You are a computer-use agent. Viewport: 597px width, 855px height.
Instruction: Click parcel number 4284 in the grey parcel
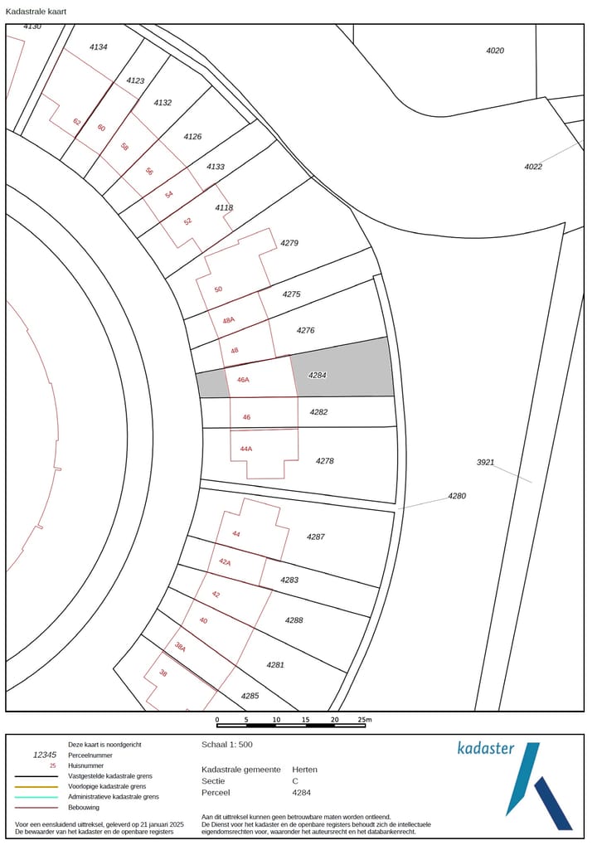(x=318, y=375)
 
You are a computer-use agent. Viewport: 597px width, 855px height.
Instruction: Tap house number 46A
(x=243, y=380)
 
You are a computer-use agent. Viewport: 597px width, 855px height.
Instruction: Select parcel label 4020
(x=495, y=51)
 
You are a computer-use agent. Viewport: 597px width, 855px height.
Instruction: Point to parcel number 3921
(x=485, y=463)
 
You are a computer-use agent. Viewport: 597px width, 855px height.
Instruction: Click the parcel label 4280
(x=457, y=496)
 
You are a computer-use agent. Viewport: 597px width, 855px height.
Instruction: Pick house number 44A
(x=246, y=449)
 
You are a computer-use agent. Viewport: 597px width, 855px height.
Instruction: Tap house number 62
(x=77, y=122)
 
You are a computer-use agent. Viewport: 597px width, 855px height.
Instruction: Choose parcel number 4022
(x=533, y=167)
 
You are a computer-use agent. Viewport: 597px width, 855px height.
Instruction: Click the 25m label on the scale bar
(x=365, y=720)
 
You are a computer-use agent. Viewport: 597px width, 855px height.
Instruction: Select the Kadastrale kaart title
(x=36, y=11)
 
